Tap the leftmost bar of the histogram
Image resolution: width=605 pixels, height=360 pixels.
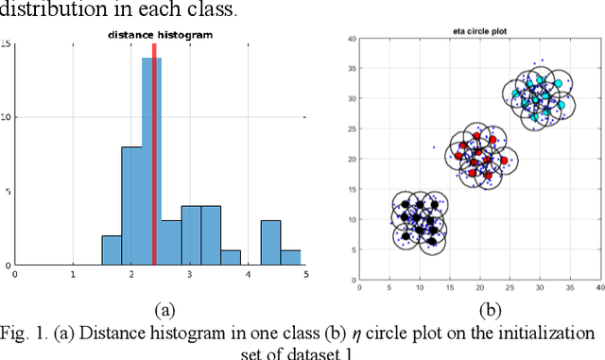click(112, 250)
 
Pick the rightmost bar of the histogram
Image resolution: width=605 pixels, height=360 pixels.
click(291, 257)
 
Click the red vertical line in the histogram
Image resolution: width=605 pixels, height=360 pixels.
click(153, 151)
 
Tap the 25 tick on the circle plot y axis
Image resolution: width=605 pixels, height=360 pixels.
click(351, 130)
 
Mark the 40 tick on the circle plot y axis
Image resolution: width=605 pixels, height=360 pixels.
click(351, 40)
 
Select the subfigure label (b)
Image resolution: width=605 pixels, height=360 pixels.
click(491, 309)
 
